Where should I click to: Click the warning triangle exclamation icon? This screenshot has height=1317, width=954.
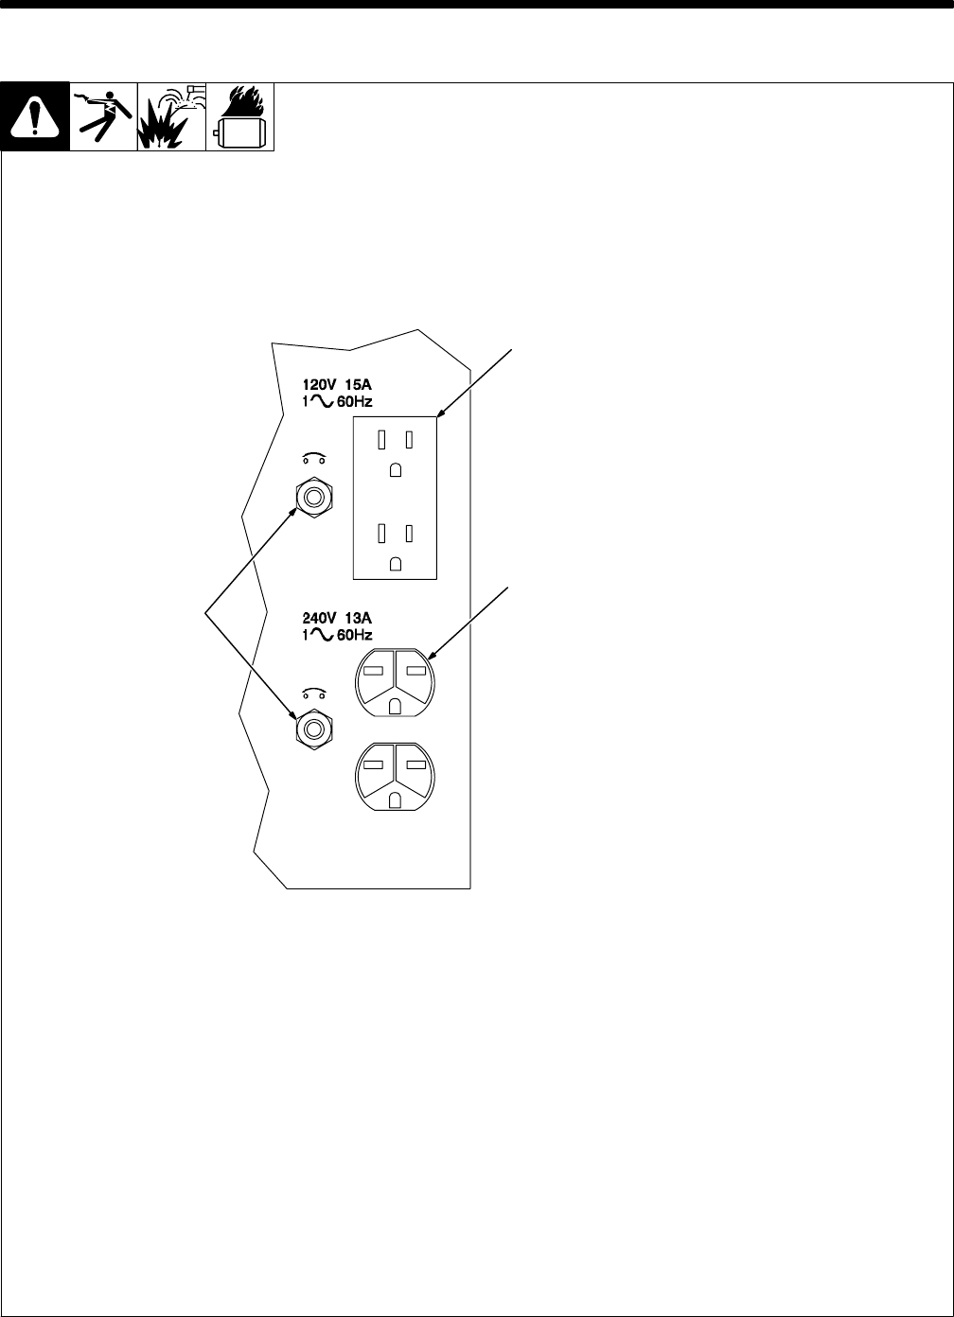click(35, 117)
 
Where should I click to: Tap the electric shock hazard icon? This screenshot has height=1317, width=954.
click(103, 117)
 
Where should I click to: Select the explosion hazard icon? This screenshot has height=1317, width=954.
click(171, 117)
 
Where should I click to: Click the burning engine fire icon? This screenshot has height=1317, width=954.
click(239, 117)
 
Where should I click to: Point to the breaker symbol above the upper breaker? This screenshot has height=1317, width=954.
click(311, 460)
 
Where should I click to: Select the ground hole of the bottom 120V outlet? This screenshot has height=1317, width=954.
click(396, 562)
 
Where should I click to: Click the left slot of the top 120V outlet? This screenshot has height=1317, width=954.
click(381, 439)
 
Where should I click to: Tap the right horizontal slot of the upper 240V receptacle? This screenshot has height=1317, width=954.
click(415, 670)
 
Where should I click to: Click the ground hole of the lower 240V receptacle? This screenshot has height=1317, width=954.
click(396, 800)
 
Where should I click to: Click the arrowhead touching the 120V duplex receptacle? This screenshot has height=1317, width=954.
click(439, 415)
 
